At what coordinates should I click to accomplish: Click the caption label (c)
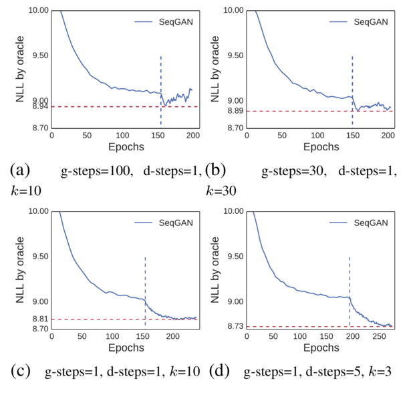coord(20,371)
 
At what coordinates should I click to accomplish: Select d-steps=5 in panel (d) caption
coord(329,371)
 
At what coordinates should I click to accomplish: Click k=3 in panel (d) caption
coord(381,371)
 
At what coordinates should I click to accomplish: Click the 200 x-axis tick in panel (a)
coord(193,136)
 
